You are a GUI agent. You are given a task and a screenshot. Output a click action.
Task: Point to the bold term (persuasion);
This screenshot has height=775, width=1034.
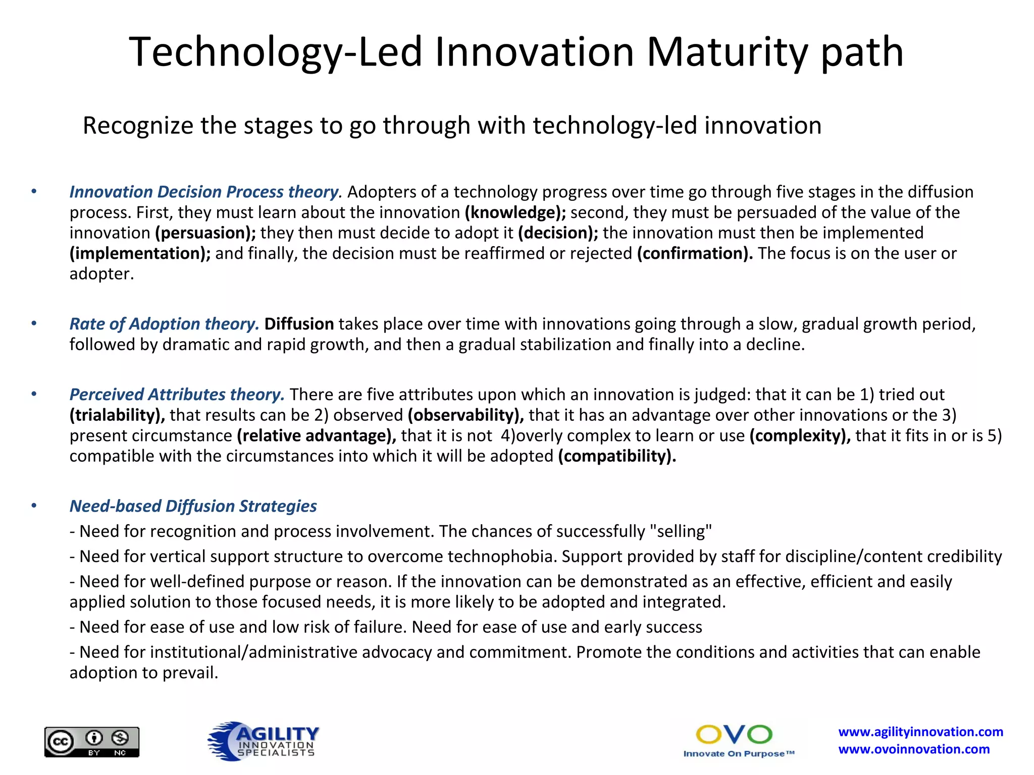click(x=205, y=233)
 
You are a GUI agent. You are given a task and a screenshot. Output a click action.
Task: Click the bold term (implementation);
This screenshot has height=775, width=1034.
click(x=140, y=253)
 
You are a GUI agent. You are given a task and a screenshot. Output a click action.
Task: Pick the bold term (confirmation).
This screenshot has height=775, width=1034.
click(x=695, y=253)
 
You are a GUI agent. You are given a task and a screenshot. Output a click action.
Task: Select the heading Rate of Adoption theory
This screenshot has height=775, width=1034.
click(x=164, y=324)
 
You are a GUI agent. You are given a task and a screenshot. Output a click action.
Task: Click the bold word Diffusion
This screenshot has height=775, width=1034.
click(x=299, y=324)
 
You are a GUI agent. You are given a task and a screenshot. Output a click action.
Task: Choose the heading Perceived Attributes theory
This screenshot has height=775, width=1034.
click(x=177, y=395)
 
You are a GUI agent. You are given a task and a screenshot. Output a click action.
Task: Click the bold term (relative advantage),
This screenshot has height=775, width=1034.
click(x=317, y=436)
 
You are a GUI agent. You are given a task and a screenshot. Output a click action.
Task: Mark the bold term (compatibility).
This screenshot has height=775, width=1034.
click(x=617, y=456)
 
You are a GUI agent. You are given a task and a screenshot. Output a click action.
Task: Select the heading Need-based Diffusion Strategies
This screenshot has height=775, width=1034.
click(x=193, y=506)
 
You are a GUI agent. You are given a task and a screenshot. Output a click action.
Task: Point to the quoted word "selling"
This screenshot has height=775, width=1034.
click(x=681, y=531)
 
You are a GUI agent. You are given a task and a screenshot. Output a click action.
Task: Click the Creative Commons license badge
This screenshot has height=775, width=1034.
click(x=92, y=742)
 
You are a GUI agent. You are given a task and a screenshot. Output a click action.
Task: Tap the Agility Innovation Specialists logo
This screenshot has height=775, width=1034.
click(x=264, y=741)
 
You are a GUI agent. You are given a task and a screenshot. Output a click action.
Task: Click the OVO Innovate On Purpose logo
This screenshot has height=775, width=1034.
click(x=738, y=741)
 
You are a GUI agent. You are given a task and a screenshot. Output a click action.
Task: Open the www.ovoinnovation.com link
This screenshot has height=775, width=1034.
click(x=914, y=749)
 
